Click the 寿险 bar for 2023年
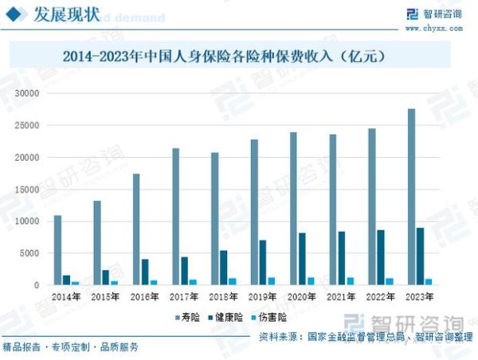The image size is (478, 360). point(411,197)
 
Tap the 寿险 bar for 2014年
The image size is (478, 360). point(57,250)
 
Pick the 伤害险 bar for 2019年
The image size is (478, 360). point(272,281)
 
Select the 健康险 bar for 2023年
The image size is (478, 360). point(420,256)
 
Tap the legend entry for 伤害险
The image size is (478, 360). point(267,317)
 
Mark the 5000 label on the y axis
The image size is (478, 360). point(29,253)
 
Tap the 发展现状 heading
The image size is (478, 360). point(67,15)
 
